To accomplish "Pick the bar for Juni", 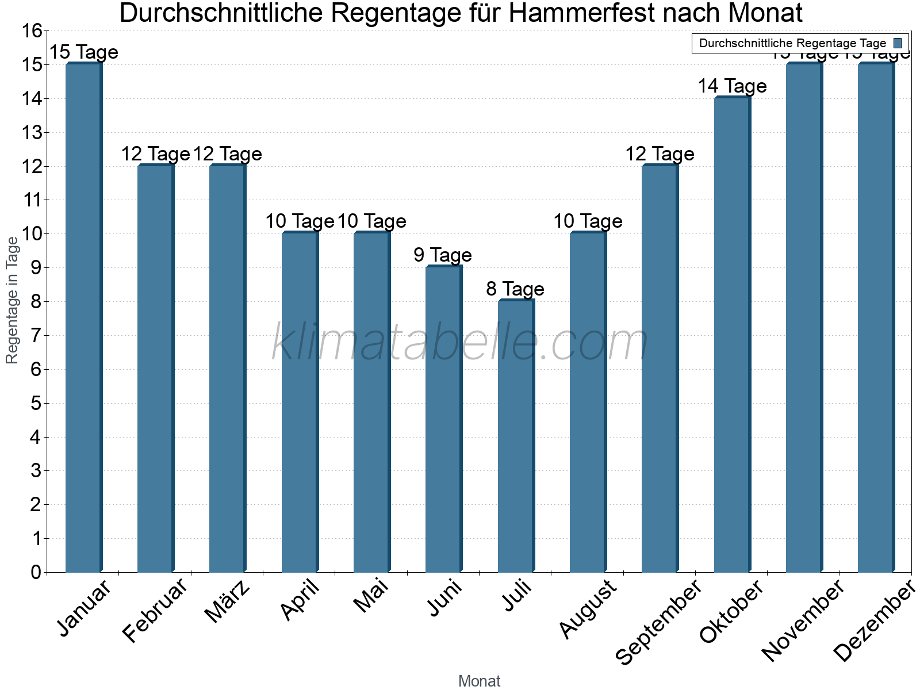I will coord(443,419).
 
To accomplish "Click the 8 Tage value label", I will coord(515,289).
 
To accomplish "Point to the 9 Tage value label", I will coord(443,255).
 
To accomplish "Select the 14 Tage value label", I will coord(732,86).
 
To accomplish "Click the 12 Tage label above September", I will coord(660,154).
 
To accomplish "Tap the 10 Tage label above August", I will coord(588,221).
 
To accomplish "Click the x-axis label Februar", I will coord(155,611).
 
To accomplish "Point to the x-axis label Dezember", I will coord(874,621).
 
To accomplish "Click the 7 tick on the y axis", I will coord(36,336).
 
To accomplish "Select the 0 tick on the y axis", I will coord(36,572).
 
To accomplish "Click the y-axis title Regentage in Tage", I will coord(13,300).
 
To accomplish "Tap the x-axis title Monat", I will coord(479,681).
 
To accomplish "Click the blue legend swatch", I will coord(898,43).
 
